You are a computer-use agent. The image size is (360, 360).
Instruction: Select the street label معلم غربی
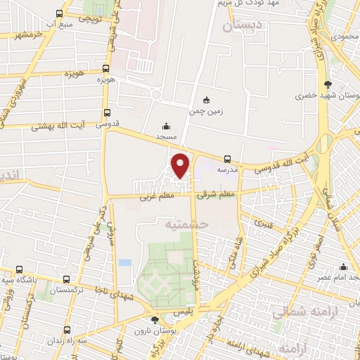pos(150,200)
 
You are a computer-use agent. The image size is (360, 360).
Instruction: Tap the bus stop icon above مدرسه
pos(227,159)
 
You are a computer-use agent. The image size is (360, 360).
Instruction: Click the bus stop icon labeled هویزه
pos(105,69)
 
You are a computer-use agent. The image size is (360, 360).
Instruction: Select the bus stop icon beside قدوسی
pos(106,112)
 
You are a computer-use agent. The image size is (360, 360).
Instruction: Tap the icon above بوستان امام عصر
pos(342,266)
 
